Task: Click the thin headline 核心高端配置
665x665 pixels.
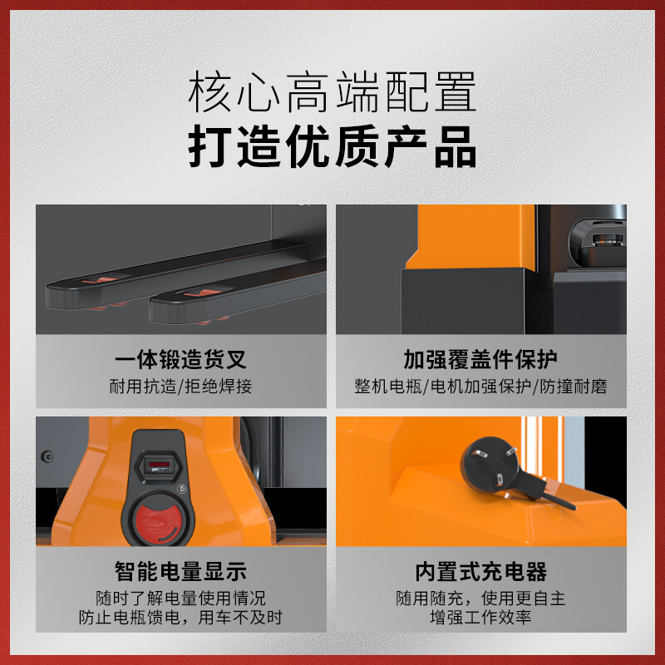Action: pyautogui.click(x=332, y=91)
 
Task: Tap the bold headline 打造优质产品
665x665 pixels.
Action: pyautogui.click(x=332, y=146)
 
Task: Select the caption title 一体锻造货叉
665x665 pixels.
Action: pyautogui.click(x=180, y=360)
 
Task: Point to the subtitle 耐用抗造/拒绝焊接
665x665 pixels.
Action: pyautogui.click(x=180, y=387)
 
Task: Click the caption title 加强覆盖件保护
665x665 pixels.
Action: pyautogui.click(x=480, y=360)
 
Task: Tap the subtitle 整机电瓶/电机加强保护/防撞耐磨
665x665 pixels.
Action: pyautogui.click(x=480, y=387)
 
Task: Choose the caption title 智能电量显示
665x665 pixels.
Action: pyautogui.click(x=180, y=571)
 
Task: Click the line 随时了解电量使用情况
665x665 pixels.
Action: pyautogui.click(x=180, y=598)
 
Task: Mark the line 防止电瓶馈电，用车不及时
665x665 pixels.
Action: pyautogui.click(x=180, y=617)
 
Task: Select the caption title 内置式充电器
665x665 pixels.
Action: pyautogui.click(x=480, y=571)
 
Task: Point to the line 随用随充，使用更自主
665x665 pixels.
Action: pyautogui.click(x=480, y=598)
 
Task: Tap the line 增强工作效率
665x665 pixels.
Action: pyautogui.click(x=480, y=617)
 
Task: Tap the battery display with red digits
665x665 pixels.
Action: pyautogui.click(x=159, y=466)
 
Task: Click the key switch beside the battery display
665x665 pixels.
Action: pyautogui.click(x=182, y=489)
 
